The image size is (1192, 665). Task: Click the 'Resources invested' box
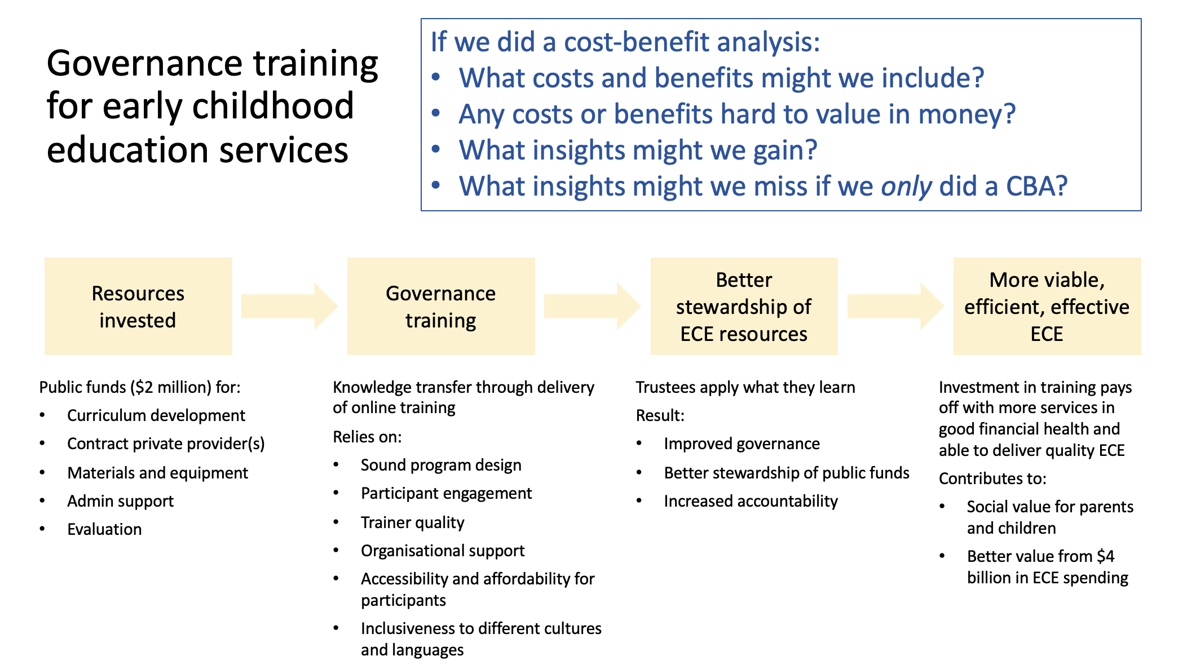click(x=138, y=306)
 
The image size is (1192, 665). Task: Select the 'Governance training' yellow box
click(x=441, y=306)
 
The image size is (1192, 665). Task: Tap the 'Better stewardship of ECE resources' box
click(x=744, y=306)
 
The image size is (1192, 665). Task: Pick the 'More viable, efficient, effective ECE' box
click(x=1047, y=306)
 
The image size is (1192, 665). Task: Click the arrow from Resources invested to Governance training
click(x=289, y=306)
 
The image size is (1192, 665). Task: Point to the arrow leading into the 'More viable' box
click(x=895, y=306)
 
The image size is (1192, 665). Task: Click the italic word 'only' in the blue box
click(x=907, y=187)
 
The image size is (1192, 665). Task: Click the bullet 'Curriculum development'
click(x=156, y=415)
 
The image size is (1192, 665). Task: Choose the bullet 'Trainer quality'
click(x=412, y=522)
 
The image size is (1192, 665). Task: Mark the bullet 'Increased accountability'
click(x=750, y=501)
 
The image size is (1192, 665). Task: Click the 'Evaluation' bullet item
click(x=104, y=529)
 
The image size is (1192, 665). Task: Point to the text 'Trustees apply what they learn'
click(x=745, y=387)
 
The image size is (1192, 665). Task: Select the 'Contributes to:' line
click(x=992, y=478)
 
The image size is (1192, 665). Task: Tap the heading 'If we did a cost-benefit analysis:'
click(x=625, y=42)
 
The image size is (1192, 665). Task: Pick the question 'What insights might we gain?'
click(x=638, y=150)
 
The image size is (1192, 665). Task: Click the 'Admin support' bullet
click(x=120, y=501)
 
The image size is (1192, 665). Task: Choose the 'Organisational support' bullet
click(x=443, y=551)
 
